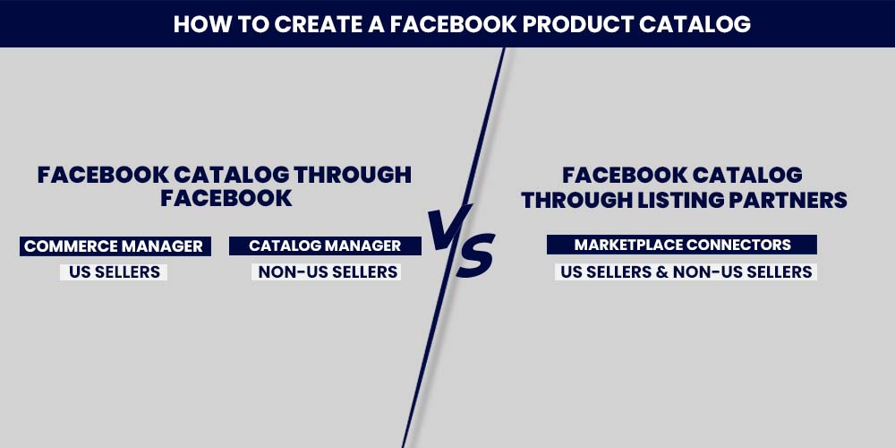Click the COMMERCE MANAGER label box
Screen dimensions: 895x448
pos(115,246)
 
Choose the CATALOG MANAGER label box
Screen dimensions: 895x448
pos(326,246)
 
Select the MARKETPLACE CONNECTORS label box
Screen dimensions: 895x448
pos(682,245)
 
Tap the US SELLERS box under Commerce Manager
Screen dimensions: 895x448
pos(115,272)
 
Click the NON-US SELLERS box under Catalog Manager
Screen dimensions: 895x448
pos(327,272)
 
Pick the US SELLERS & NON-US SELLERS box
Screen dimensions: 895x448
pos(686,272)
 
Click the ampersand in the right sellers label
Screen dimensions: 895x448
pos(661,272)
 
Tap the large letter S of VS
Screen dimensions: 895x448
pos(475,255)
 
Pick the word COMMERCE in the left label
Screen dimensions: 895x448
pos(68,246)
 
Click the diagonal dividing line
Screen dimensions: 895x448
pos(454,247)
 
